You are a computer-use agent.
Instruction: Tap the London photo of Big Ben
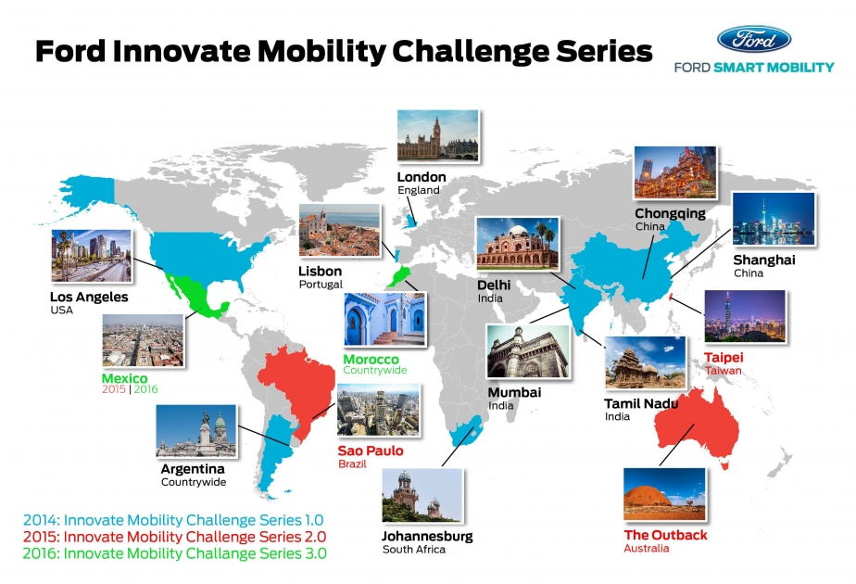(x=438, y=136)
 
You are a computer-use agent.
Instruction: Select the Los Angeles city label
(x=89, y=297)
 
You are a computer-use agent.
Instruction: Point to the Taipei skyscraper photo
(x=744, y=316)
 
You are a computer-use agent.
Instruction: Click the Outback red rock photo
(x=664, y=494)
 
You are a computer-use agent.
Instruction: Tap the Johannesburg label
(x=427, y=536)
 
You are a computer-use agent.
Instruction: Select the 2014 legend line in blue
(x=171, y=520)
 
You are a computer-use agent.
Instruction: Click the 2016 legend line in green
(x=172, y=553)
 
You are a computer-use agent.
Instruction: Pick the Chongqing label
(x=670, y=213)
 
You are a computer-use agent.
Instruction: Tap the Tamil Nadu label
(x=641, y=404)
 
